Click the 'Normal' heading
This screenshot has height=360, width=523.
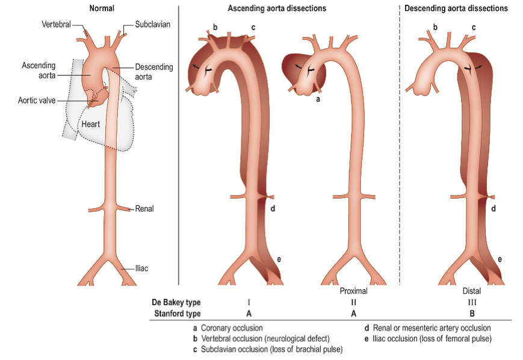[101, 8]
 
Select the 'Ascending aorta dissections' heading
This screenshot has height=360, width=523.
[277, 8]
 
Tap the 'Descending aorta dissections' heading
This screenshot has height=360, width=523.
[456, 8]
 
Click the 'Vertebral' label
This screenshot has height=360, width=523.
[56, 24]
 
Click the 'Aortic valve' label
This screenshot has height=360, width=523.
[36, 101]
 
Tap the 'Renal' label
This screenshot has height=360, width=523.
[144, 209]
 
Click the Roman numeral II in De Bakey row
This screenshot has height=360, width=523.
[353, 302]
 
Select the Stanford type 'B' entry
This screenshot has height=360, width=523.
[472, 314]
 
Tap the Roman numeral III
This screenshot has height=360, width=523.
[472, 302]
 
